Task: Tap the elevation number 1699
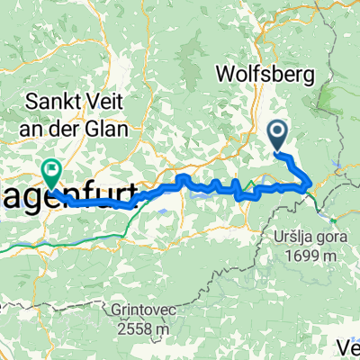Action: (x=307, y=255)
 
